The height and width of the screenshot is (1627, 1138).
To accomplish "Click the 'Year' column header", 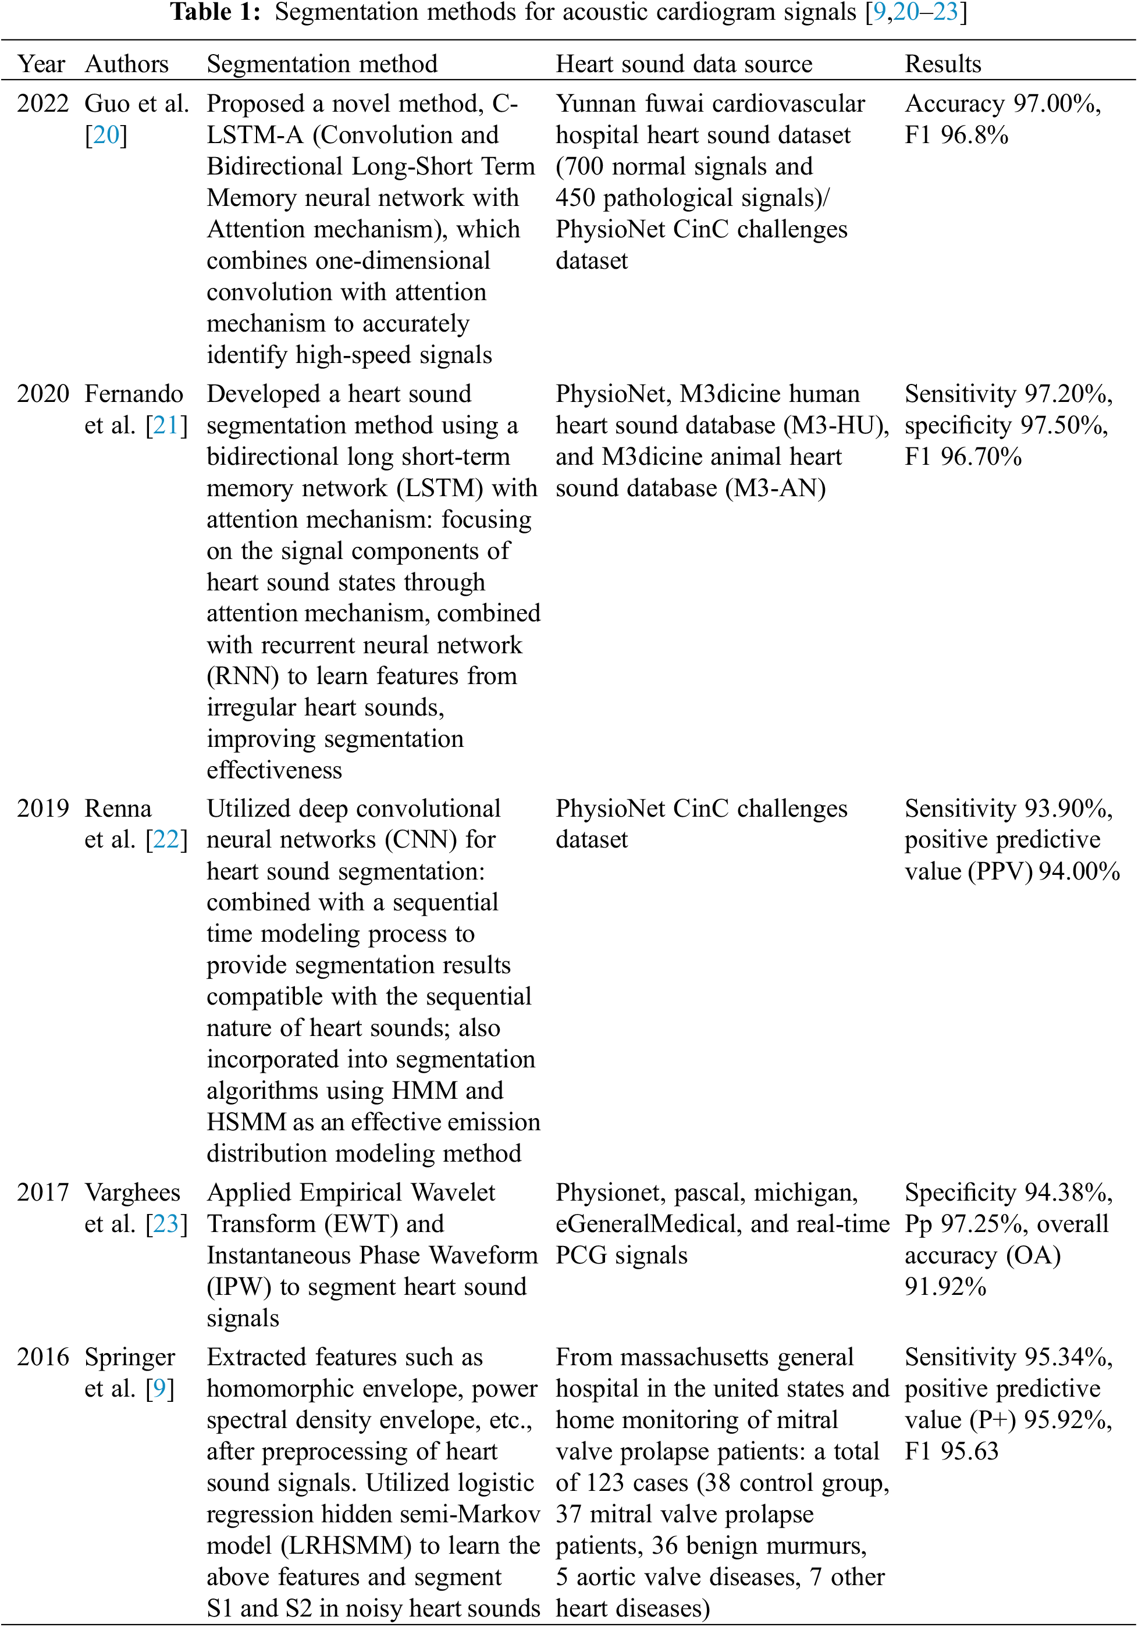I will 41,64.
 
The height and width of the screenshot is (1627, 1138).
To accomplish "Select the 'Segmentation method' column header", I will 322,64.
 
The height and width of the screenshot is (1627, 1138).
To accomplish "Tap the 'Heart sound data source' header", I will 683,64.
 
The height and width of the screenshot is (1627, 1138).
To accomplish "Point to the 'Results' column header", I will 943,64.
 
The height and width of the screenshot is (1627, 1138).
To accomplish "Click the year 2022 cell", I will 42,104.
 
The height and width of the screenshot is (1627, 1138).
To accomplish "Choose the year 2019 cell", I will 42,808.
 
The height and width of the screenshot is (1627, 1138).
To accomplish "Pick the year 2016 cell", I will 42,1357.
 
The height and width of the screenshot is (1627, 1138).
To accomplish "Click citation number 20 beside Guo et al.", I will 106,134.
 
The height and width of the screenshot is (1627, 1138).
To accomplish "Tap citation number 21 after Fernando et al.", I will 166,425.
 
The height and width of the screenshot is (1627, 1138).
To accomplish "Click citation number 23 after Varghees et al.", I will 166,1224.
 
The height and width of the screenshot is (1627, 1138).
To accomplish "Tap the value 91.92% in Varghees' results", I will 945,1286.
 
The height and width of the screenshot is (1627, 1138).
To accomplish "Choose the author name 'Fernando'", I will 134,393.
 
